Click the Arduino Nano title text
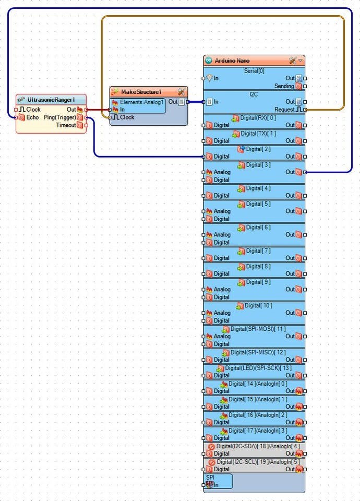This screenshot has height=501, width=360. [x=232, y=61]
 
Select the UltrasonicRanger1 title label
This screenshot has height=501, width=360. [x=51, y=99]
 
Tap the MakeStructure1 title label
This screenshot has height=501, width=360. [x=141, y=92]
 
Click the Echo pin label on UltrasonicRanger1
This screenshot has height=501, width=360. [x=32, y=117]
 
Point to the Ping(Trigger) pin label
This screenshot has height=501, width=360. [x=60, y=117]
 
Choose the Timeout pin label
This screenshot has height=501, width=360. [x=66, y=125]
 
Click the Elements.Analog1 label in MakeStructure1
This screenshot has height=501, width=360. [x=142, y=102]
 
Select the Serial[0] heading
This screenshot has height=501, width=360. [x=254, y=70]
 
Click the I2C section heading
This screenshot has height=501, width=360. [x=254, y=94]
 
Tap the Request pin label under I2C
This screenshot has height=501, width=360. [x=284, y=110]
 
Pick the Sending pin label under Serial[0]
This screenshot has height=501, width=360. [x=284, y=86]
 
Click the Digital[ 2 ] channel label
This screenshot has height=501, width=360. [x=258, y=149]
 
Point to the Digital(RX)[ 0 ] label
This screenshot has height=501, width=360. [x=258, y=117]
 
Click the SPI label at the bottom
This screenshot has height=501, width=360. [x=210, y=477]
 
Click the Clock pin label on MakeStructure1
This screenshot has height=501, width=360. [x=127, y=117]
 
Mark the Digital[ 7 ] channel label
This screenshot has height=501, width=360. [x=258, y=250]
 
